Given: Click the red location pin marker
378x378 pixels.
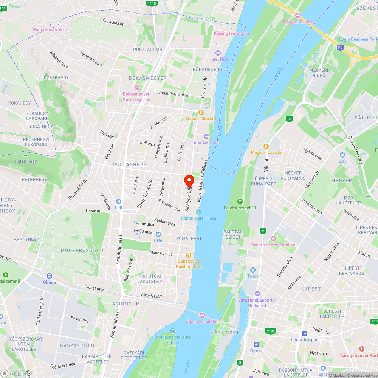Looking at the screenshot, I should coord(189,181).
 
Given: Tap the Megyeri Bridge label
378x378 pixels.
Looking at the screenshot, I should coord(298,22).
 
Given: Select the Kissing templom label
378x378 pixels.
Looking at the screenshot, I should coord(231,33).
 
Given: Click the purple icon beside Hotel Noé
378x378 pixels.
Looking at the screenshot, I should coord(217,53).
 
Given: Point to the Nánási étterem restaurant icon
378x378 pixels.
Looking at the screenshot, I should coord(201,112).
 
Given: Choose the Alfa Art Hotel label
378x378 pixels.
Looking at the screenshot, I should coord(206,143).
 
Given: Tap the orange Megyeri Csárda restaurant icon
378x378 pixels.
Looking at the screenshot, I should coord(266,146).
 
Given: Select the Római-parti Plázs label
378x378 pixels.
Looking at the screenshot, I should coord(198,218).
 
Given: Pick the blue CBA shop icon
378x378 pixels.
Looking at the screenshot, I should coord(158,234).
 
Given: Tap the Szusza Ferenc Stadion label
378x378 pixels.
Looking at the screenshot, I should coord(273,245).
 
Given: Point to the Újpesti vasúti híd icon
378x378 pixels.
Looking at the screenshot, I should coord(202,315).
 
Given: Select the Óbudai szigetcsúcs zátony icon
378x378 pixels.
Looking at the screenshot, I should coord(173,331).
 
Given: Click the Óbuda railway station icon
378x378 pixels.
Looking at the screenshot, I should coord(49,276).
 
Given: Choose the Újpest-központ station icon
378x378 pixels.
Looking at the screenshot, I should coord(304,333).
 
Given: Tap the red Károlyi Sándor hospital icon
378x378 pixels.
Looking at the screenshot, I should coord(362,349).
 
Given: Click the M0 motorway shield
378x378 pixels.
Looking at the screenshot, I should coord(340,48).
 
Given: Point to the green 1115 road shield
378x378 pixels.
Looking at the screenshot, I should coord(152,3).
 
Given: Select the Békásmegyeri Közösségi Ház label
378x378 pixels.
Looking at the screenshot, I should coord(136,96).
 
